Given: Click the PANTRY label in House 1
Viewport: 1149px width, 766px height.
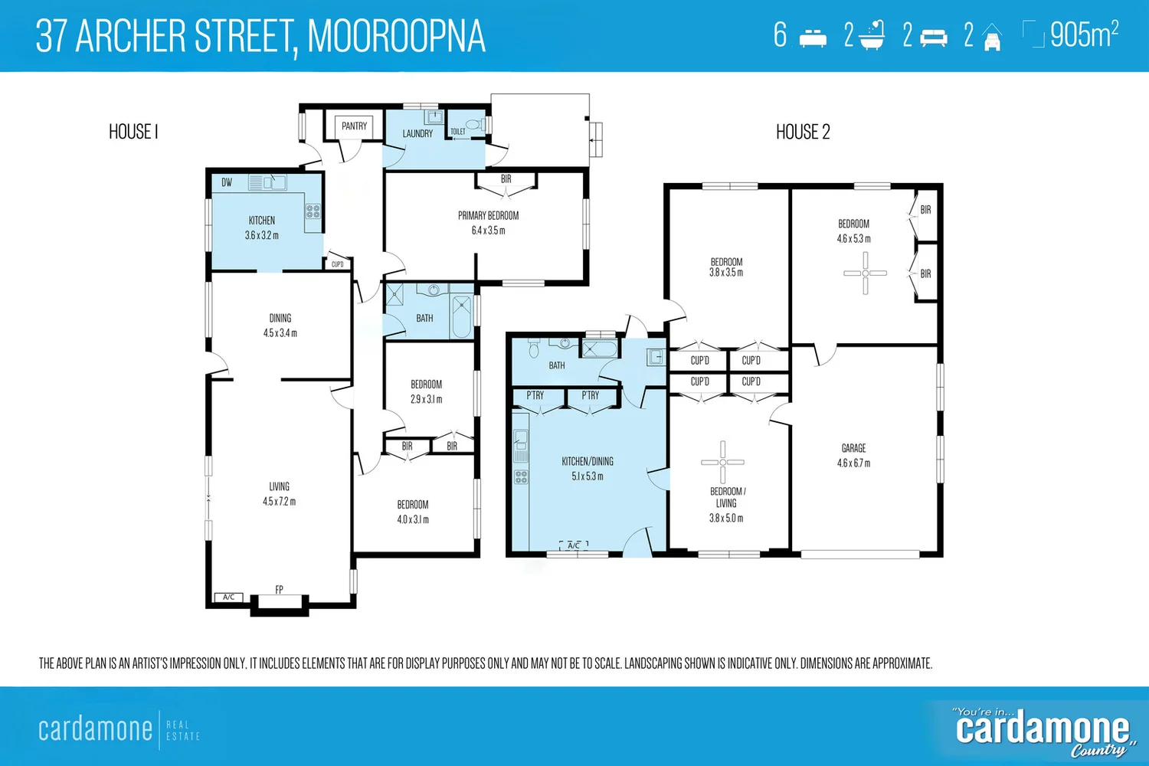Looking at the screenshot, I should [354, 126].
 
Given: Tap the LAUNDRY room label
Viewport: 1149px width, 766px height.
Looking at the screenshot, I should [417, 134].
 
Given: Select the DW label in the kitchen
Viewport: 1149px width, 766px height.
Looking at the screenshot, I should [227, 183].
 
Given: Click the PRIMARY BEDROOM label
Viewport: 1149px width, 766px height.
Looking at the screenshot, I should [488, 216].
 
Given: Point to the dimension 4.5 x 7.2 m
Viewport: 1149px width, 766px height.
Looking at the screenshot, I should [279, 502].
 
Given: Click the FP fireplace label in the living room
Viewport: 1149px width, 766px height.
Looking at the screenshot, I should [279, 590].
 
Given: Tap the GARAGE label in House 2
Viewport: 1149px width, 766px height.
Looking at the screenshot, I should [853, 448].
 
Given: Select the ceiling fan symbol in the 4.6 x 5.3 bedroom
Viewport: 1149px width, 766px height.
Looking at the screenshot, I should [865, 273].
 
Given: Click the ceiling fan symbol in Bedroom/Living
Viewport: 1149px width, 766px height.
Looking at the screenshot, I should [722, 462].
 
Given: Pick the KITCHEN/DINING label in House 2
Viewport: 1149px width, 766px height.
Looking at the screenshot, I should [588, 462].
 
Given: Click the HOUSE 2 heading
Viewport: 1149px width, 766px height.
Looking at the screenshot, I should [803, 133].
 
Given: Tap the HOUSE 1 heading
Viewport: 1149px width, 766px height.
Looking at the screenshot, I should [133, 133].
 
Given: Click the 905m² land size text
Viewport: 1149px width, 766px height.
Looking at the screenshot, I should [1083, 35].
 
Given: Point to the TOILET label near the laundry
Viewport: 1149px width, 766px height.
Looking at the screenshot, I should [458, 132].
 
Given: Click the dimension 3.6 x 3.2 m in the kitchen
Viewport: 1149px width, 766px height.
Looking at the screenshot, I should [262, 236].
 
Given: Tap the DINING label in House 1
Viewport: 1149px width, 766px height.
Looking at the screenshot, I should [280, 318].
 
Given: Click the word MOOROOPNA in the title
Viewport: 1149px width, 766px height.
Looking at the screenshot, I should [396, 36].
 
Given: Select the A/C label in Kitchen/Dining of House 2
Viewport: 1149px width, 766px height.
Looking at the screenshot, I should [574, 545].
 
